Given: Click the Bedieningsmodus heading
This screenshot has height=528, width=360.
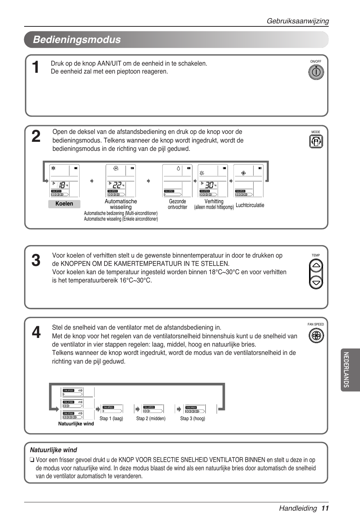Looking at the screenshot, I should pyautogui.click(x=77, y=40).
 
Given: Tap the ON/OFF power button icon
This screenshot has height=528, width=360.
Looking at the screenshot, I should pyautogui.click(x=316, y=72).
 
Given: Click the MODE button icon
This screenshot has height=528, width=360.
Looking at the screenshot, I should pyautogui.click(x=316, y=142).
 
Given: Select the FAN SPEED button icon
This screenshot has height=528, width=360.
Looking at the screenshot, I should pyautogui.click(x=316, y=336).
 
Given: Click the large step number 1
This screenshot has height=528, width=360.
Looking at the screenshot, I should pyautogui.click(x=35, y=68).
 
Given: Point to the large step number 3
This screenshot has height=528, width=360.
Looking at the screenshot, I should pyautogui.click(x=36, y=261).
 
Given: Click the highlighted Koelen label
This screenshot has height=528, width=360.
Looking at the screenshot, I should pyautogui.click(x=64, y=204).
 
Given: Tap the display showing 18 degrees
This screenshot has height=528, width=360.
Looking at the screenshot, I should pyautogui.click(x=64, y=181).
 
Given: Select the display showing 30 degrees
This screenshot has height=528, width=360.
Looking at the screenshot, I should pyautogui.click(x=213, y=181).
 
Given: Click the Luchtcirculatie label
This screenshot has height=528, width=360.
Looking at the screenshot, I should pyautogui.click(x=250, y=205).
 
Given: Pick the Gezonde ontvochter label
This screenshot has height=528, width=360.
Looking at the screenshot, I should pyautogui.click(x=177, y=204).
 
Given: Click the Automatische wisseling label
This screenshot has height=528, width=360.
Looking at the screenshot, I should pyautogui.click(x=121, y=204).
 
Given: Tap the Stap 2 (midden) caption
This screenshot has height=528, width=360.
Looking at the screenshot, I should pyautogui.click(x=151, y=419).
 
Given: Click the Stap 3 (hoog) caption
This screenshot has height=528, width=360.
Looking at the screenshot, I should pyautogui.click(x=192, y=419).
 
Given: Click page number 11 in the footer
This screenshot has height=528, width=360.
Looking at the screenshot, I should pyautogui.click(x=325, y=508).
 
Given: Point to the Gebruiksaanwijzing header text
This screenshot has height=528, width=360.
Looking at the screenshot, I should pyautogui.click(x=298, y=21).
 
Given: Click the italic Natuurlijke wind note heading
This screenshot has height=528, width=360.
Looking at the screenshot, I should pyautogui.click(x=54, y=450).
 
